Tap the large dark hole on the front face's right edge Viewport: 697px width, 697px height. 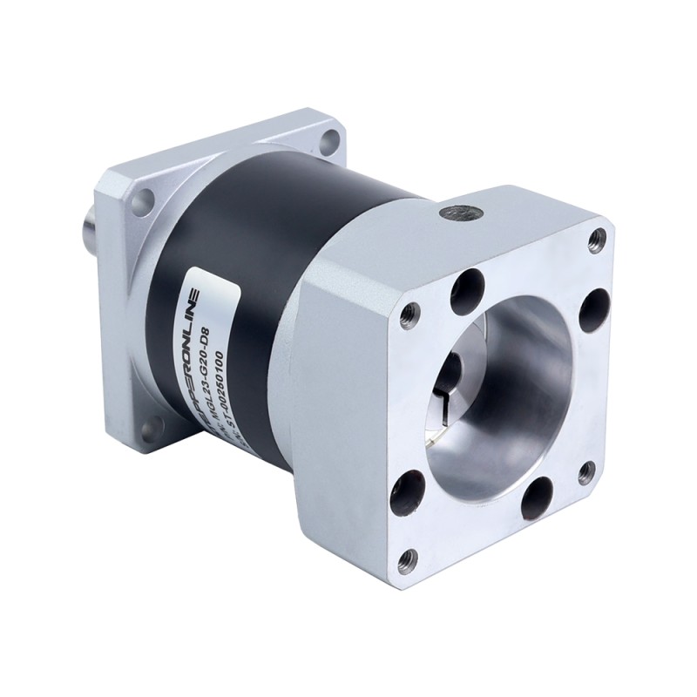594,308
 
